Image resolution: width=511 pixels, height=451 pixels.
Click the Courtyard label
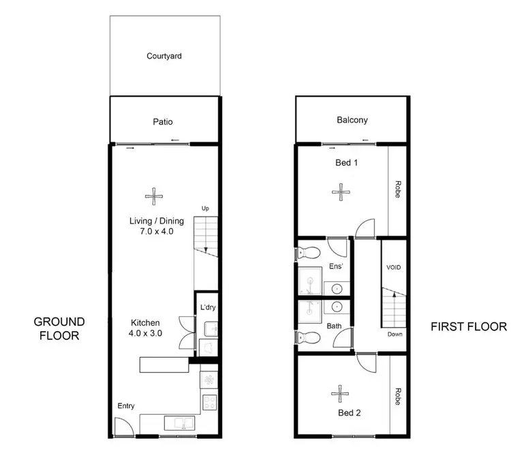(x=164, y=57)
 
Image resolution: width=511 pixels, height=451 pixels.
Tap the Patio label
(x=162, y=122)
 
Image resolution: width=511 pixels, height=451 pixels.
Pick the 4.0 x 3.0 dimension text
(x=146, y=334)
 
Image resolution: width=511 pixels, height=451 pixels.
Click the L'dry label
(x=207, y=308)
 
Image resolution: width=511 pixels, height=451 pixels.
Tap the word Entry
(x=126, y=406)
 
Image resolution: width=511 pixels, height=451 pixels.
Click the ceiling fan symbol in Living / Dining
(x=155, y=197)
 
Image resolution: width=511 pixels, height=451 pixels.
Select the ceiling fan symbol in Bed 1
(x=339, y=192)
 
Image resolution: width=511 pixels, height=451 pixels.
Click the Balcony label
(x=352, y=120)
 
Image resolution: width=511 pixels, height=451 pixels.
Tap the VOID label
(x=394, y=268)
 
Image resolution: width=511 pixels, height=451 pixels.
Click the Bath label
(x=334, y=326)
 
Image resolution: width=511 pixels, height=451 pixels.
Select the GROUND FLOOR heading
(x=60, y=328)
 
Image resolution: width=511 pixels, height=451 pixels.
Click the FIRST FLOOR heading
(x=469, y=326)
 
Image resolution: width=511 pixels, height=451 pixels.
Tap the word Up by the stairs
(x=204, y=208)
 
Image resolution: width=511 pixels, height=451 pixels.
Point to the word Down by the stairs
(x=395, y=335)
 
